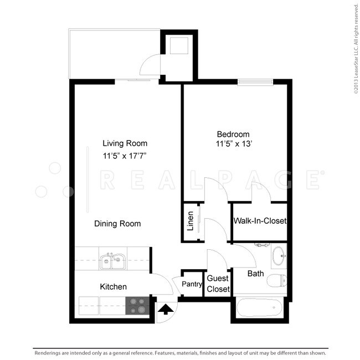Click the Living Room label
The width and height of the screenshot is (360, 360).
coord(125,143)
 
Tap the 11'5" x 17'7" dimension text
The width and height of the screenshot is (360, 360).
coord(125,156)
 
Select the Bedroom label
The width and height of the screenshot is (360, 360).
coord(233,134)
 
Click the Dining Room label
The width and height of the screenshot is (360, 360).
coord(117,224)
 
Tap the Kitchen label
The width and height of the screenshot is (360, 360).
coord(113,287)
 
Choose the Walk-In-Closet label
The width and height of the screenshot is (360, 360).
coord(260,221)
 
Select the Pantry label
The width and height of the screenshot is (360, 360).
coord(192,285)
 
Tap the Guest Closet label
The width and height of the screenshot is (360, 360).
coord(218,284)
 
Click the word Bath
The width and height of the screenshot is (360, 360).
coord(255,274)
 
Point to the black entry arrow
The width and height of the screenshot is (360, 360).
coord(164,309)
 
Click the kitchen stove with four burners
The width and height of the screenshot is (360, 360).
coord(138,306)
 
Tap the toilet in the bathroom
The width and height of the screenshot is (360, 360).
coord(276,281)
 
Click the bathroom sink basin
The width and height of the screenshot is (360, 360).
coord(279,256)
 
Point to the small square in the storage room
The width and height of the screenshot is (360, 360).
coord(178,46)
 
